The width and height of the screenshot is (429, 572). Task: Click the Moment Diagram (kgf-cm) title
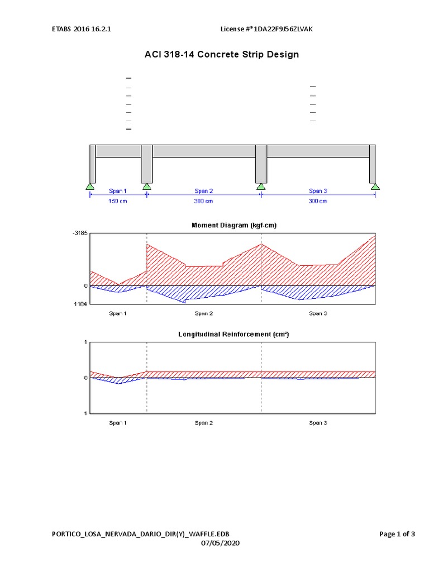tap(233, 226)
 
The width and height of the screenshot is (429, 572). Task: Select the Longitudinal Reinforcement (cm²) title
tap(233, 334)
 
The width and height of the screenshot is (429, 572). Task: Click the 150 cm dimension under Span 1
tap(118, 201)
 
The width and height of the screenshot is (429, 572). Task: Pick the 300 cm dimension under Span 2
tap(203, 201)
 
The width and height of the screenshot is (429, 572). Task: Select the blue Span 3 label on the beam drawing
tap(318, 191)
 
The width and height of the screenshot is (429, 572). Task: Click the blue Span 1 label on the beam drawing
tap(118, 191)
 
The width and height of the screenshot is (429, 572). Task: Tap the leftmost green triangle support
tap(90, 186)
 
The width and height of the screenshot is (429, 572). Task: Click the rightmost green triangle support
tap(375, 186)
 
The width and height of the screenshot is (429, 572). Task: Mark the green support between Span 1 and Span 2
tap(147, 186)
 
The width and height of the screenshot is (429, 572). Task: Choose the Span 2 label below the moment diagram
tap(203, 313)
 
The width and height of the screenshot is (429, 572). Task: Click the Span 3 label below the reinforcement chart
tap(318, 423)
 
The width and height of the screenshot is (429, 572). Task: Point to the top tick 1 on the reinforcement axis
tap(85, 342)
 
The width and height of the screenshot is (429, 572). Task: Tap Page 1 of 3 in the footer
tap(397, 534)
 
